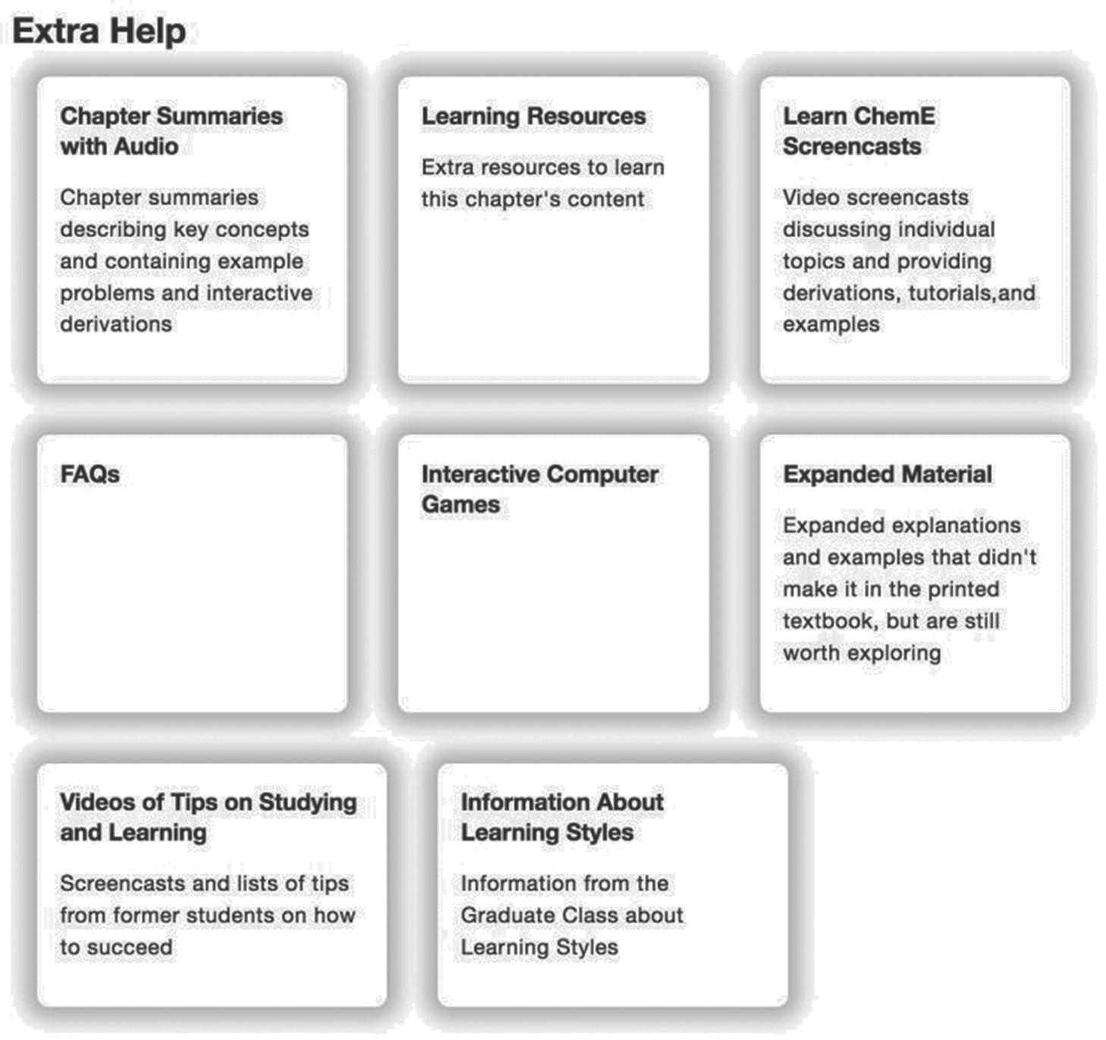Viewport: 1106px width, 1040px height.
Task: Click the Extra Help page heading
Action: tap(99, 32)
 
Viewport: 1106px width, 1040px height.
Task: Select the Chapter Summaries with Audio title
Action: tap(171, 130)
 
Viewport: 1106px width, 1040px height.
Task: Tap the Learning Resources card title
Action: tap(533, 116)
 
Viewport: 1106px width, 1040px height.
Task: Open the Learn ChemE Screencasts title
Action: tap(858, 130)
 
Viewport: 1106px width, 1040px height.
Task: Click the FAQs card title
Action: tap(90, 474)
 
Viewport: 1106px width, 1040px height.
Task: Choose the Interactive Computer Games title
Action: tap(539, 489)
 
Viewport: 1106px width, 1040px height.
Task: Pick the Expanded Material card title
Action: tap(887, 474)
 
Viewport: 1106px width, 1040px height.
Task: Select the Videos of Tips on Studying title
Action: tap(208, 816)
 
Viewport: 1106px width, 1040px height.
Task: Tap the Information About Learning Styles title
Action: tap(561, 816)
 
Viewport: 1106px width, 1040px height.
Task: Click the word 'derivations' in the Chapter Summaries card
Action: tap(116, 324)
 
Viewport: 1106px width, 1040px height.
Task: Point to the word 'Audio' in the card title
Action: tap(147, 146)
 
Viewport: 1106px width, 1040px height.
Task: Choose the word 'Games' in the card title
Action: tap(460, 504)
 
